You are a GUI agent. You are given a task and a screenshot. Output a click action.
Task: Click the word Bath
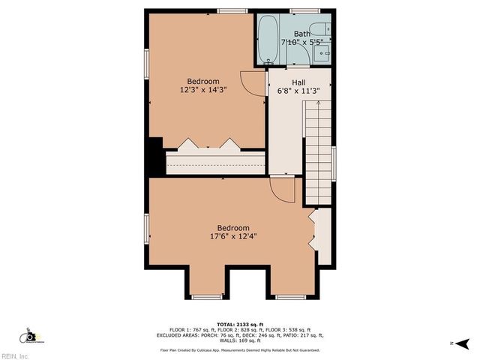tap(301, 34)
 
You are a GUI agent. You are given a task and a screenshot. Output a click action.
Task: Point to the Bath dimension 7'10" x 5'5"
tap(302, 43)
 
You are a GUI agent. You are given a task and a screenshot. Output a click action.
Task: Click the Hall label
tap(298, 82)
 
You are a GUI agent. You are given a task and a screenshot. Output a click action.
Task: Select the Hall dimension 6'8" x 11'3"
tap(298, 91)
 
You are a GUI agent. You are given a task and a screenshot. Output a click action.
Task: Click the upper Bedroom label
tap(203, 81)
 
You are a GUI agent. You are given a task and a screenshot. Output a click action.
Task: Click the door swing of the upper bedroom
tap(252, 82)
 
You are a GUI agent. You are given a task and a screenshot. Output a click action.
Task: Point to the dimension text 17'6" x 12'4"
tap(233, 237)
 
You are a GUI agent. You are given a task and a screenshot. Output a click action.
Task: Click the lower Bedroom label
tap(233, 228)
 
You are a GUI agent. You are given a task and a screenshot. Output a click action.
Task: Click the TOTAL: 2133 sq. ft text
tap(239, 324)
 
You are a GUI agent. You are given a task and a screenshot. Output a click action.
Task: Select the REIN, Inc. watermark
tap(15, 355)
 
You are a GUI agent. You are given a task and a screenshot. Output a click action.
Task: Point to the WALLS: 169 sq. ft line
tap(239, 341)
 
